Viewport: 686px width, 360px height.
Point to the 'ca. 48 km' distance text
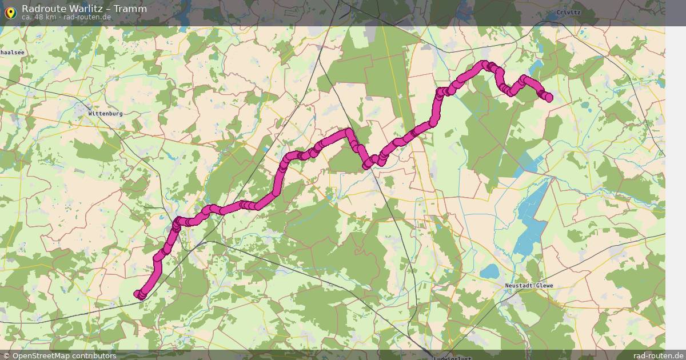click(x=39, y=17)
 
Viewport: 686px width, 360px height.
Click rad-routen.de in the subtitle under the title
click(x=87, y=17)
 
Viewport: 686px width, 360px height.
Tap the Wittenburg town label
click(x=105, y=114)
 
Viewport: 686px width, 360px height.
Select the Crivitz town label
click(x=568, y=12)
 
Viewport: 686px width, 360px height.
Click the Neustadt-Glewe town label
click(x=529, y=286)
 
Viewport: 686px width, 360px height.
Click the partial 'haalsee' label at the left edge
click(x=11, y=52)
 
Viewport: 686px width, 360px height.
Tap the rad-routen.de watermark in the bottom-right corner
click(x=658, y=355)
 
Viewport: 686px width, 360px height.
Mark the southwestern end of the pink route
click(x=138, y=294)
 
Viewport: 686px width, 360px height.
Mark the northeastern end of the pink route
click(x=549, y=98)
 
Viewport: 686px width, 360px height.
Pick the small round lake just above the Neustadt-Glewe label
click(x=489, y=271)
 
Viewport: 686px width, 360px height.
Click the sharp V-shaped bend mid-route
click(x=366, y=165)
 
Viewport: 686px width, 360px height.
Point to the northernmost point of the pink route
click(x=484, y=64)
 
